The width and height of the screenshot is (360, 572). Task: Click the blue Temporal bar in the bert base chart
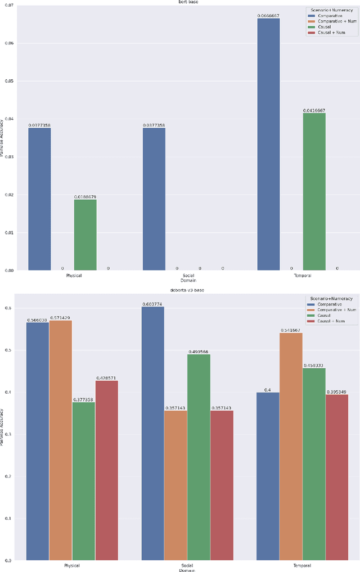pos(268,144)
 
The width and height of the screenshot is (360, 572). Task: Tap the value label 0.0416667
pos(314,110)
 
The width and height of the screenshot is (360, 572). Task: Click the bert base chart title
pos(180,2)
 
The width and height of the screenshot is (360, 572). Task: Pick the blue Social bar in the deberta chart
pos(153,433)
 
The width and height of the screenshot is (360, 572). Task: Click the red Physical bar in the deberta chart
pos(107,470)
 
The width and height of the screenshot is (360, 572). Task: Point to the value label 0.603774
pos(153,304)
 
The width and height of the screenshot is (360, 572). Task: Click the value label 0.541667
pos(291,330)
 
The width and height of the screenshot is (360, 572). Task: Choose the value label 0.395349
pos(337,391)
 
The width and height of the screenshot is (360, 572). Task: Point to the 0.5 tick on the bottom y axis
pos(9,350)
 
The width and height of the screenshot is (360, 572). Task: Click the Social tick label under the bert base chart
pos(188,276)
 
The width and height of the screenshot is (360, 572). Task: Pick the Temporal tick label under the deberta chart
pos(303,565)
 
